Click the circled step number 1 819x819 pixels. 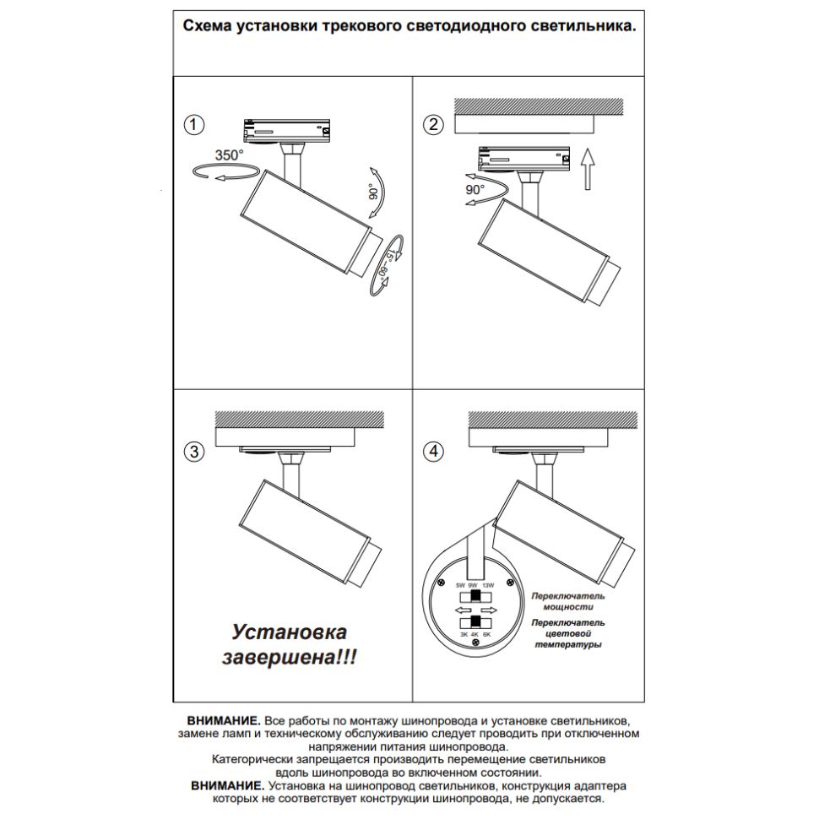point(194,126)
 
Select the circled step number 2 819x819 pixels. point(433,126)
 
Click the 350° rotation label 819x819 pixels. point(229,155)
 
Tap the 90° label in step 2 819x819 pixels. point(475,190)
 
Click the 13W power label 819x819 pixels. point(488,585)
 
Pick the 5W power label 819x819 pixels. point(460,585)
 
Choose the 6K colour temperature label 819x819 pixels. point(487,634)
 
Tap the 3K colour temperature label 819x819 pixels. point(463,634)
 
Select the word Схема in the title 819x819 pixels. point(209,26)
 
